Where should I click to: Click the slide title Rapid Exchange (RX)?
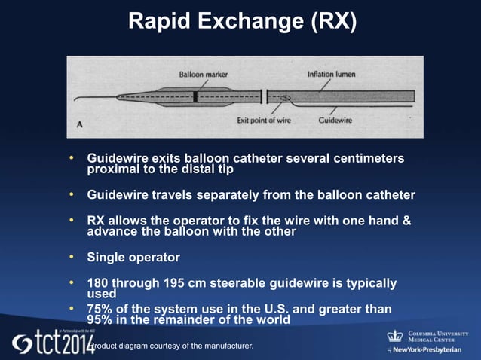click(x=241, y=22)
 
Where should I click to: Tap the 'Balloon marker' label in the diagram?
click(x=203, y=75)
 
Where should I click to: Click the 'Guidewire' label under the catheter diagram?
click(x=333, y=118)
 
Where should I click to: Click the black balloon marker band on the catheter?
click(x=195, y=96)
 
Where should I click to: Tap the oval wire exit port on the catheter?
click(x=284, y=96)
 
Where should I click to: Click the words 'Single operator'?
click(x=133, y=258)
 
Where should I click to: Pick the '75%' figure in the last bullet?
click(x=102, y=308)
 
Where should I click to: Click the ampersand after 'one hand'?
click(x=406, y=221)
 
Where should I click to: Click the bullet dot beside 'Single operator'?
click(x=72, y=257)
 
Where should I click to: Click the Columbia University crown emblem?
click(x=395, y=336)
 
